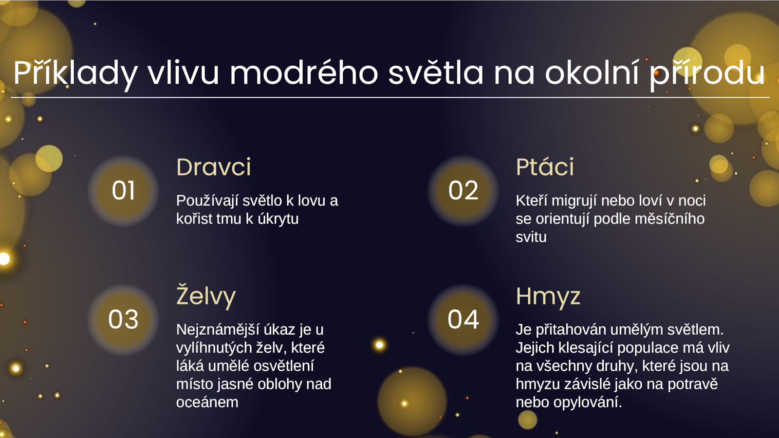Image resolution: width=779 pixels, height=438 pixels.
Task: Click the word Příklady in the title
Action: [75, 73]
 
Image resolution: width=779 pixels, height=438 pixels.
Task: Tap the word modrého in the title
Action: [304, 73]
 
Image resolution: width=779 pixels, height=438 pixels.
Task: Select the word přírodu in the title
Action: [707, 73]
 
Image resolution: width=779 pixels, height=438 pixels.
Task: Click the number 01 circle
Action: [123, 191]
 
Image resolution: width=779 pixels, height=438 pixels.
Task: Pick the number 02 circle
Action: [463, 191]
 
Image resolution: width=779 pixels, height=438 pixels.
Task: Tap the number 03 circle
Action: [123, 320]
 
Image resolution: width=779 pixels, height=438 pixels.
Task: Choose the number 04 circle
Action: [463, 320]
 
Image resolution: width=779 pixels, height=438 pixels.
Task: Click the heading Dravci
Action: [214, 167]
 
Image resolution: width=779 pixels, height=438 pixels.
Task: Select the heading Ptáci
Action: [545, 167]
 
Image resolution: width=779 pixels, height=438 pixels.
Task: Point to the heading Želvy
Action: [206, 295]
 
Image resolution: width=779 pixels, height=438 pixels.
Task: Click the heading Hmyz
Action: [548, 297]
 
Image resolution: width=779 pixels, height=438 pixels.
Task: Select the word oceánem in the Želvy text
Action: [207, 402]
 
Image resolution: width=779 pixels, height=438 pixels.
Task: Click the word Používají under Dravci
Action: [207, 201]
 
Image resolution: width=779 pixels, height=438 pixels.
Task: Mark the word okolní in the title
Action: [592, 73]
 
